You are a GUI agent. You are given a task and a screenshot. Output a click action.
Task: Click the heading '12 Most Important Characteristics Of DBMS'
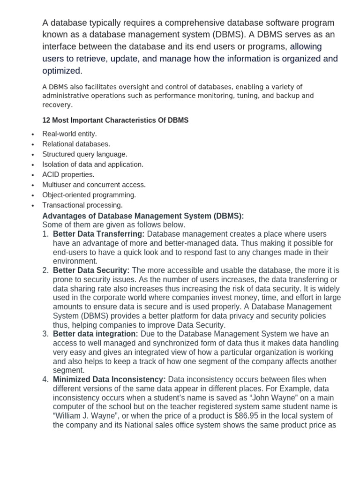click(115, 120)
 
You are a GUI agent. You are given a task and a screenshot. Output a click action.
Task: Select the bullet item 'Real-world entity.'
click(69, 134)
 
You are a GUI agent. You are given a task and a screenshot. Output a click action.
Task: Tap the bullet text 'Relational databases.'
click(76, 144)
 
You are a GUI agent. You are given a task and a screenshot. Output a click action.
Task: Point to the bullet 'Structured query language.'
click(84, 154)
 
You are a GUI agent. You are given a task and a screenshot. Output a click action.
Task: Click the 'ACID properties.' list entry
click(68, 175)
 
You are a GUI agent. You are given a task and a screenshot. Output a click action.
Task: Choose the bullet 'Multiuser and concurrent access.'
click(94, 185)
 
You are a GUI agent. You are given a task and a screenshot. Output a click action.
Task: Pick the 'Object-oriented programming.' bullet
click(89, 195)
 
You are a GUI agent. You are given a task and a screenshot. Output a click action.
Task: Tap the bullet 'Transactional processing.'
click(82, 205)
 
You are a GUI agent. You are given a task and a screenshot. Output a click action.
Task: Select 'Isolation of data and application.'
click(93, 165)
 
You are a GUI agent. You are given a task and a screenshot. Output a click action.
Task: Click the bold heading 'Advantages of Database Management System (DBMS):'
click(143, 216)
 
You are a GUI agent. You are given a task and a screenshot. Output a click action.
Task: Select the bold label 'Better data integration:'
click(95, 334)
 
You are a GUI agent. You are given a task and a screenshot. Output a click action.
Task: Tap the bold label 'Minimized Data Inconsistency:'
click(109, 379)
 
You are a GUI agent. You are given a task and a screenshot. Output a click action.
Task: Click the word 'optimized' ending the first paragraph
click(61, 71)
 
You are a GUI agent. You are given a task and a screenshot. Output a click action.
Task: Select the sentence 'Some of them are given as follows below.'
click(114, 225)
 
